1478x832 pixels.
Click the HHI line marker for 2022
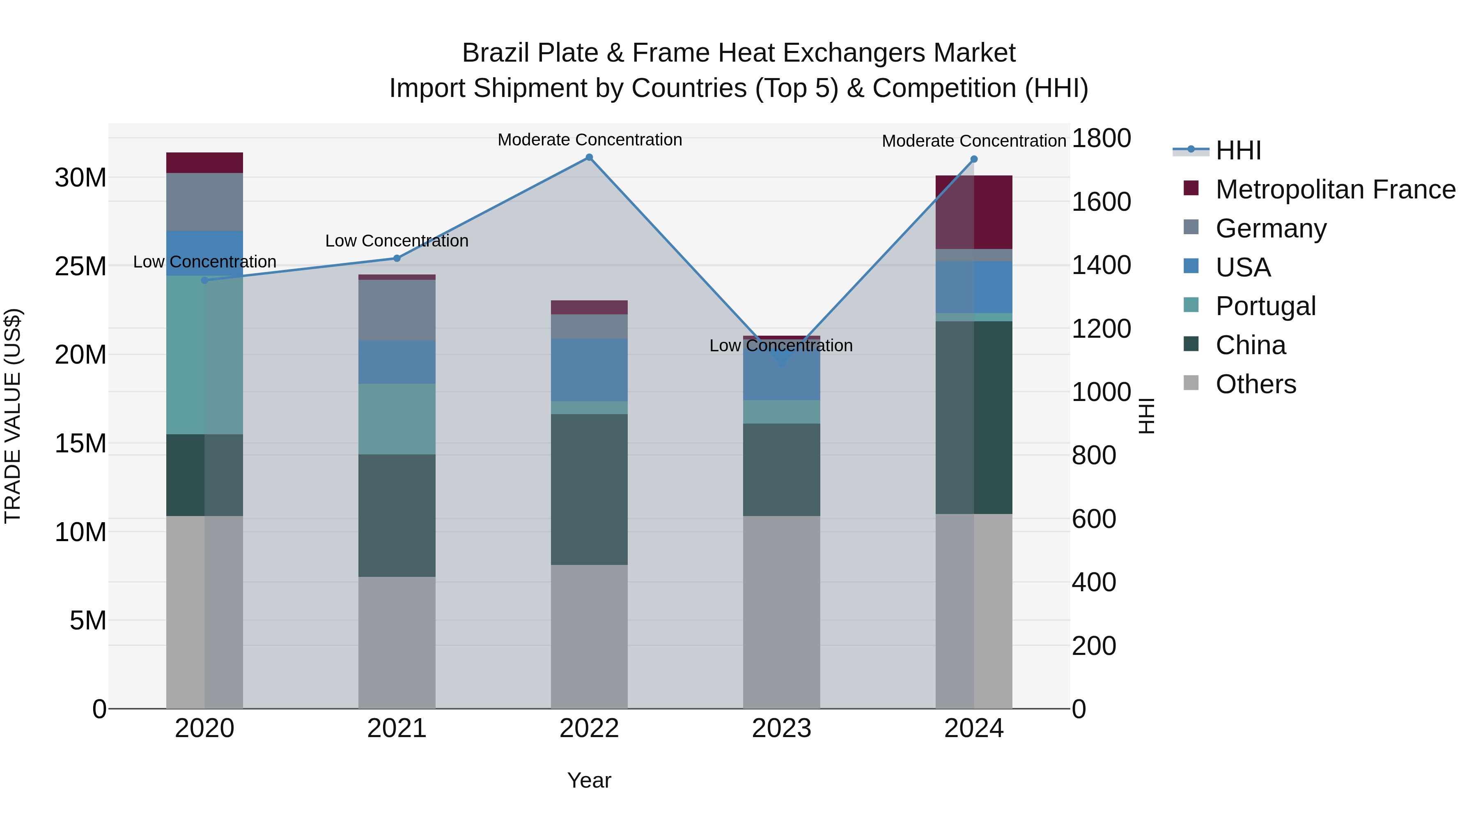pyautogui.click(x=589, y=157)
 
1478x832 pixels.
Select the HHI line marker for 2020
pyautogui.click(x=205, y=280)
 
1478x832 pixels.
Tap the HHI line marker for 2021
pyautogui.click(x=397, y=258)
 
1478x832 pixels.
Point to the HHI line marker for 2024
pyautogui.click(x=974, y=160)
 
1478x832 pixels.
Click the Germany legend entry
pyautogui.click(x=1270, y=228)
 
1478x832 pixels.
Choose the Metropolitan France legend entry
pyautogui.click(x=1335, y=189)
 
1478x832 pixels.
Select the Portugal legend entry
pyautogui.click(x=1265, y=306)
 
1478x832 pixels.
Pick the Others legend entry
pyautogui.click(x=1255, y=384)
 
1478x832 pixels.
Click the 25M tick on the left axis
pyautogui.click(x=80, y=266)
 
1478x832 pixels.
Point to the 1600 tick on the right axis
pyautogui.click(x=1101, y=202)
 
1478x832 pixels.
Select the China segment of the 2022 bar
pyautogui.click(x=589, y=489)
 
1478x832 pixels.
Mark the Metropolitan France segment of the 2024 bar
pyautogui.click(x=974, y=212)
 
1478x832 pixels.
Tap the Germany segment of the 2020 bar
pyautogui.click(x=205, y=202)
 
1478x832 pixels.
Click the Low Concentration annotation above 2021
pyautogui.click(x=397, y=241)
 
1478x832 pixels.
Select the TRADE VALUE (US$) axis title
pyautogui.click(x=13, y=416)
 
